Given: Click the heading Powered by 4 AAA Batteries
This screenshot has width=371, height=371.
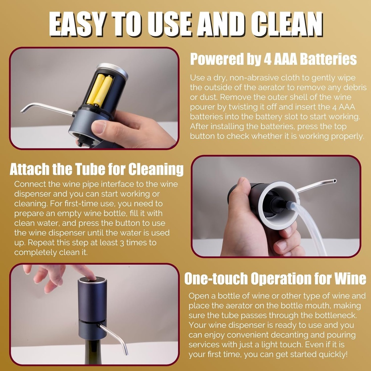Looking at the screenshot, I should click(274, 59).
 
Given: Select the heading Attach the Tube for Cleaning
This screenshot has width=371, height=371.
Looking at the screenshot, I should click(96, 169).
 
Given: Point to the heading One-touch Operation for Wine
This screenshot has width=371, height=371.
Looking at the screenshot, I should click(275, 279).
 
